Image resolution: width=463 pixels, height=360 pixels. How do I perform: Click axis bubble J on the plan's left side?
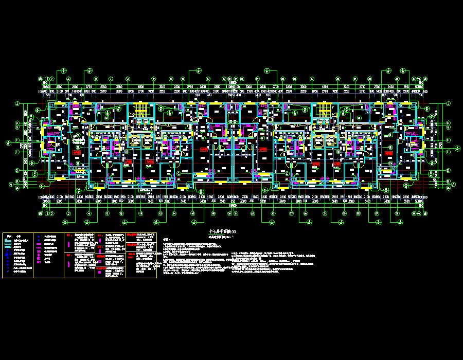[x=17, y=103]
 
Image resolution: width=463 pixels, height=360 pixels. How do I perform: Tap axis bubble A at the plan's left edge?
[x=10, y=184]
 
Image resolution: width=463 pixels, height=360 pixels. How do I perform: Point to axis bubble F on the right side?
[x=449, y=140]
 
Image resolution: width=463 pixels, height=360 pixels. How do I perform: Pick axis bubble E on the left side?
[x=17, y=152]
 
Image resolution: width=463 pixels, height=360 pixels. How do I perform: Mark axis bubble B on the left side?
[x=17, y=181]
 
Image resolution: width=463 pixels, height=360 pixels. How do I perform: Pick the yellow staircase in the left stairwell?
[x=140, y=111]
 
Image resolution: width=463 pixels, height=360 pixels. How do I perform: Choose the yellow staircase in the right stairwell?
[x=324, y=111]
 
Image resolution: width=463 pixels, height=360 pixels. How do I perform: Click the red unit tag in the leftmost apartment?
[x=76, y=153]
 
